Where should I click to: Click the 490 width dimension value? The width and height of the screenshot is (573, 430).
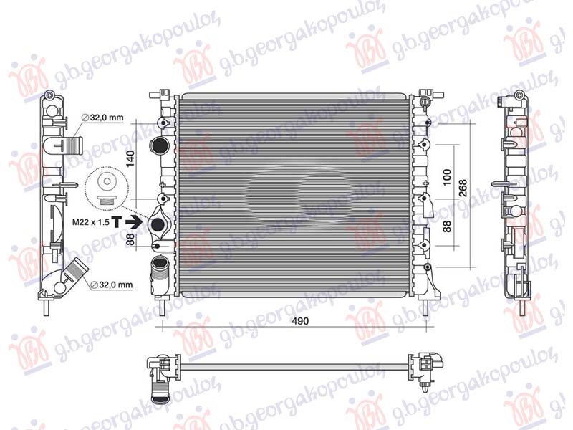tap(299, 322)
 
